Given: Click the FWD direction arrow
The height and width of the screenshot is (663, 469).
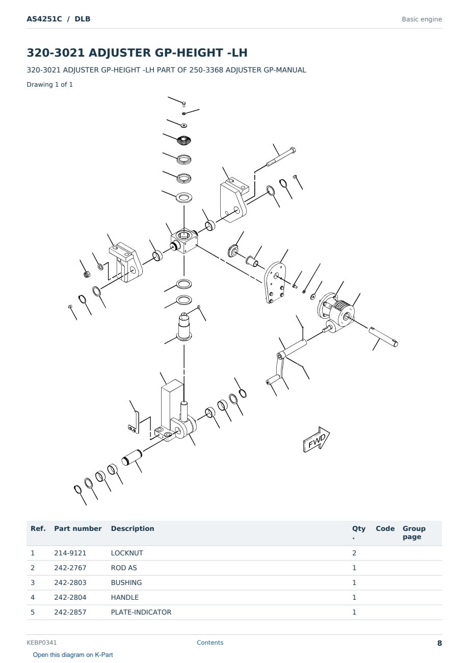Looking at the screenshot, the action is pyautogui.click(x=316, y=440).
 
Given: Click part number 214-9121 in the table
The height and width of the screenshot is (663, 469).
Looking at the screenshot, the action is pyautogui.click(x=70, y=553).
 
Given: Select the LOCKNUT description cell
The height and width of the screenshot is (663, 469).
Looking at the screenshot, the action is pyautogui.click(x=127, y=553).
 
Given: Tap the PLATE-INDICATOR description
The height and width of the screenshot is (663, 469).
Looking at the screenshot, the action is pyautogui.click(x=141, y=612).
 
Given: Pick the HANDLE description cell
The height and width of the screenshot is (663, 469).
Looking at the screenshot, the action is pyautogui.click(x=124, y=597).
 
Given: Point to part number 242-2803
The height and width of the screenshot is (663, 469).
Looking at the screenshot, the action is pyautogui.click(x=70, y=582).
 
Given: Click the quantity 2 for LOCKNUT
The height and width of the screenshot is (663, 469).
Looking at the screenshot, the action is pyautogui.click(x=354, y=553).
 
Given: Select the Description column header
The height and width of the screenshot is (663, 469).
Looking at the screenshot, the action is pyautogui.click(x=133, y=529).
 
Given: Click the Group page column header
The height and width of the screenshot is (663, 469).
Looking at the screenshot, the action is pyautogui.click(x=414, y=532).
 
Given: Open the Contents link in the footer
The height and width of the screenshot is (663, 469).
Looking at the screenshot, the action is pyautogui.click(x=210, y=643).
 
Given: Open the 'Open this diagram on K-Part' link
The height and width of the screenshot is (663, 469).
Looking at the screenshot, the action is pyautogui.click(x=73, y=655).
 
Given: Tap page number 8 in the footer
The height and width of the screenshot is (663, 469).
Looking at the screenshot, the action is pyautogui.click(x=439, y=643).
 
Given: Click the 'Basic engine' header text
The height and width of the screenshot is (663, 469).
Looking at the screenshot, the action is pyautogui.click(x=422, y=19).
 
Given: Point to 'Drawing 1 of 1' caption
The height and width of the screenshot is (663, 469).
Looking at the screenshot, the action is pyautogui.click(x=50, y=84).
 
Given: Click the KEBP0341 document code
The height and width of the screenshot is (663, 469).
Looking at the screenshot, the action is pyautogui.click(x=42, y=643).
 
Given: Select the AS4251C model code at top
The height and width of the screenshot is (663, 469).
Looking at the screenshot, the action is pyautogui.click(x=44, y=19).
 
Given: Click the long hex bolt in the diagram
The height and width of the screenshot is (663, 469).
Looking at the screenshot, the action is pyautogui.click(x=281, y=157).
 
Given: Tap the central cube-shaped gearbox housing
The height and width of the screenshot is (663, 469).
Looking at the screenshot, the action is pyautogui.click(x=184, y=240).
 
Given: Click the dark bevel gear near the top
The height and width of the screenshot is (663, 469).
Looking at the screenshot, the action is pyautogui.click(x=184, y=140).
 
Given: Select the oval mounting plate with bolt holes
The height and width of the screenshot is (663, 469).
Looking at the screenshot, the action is pyautogui.click(x=275, y=283).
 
